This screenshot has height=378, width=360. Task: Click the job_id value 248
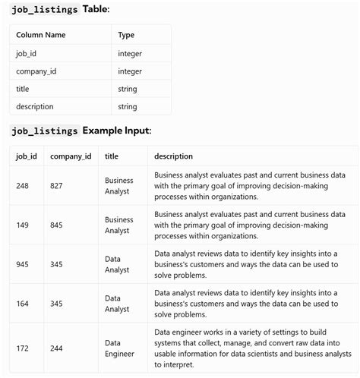(23, 185)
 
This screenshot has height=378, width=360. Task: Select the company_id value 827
(57, 185)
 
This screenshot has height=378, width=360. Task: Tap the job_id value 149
(23, 224)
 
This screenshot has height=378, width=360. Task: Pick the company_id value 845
(57, 224)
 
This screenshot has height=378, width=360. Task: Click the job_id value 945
(23, 263)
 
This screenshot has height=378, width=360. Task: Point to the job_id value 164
(23, 303)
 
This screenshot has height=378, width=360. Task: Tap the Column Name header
(41, 35)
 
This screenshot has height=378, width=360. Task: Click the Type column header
(126, 35)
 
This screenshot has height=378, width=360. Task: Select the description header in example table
(173, 156)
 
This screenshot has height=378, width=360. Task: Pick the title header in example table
(112, 156)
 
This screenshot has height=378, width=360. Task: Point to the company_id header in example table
(71, 156)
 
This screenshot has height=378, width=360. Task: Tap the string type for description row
(128, 107)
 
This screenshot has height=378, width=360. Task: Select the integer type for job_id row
(130, 53)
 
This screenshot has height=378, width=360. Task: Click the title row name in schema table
(23, 89)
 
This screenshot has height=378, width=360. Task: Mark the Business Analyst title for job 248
(118, 185)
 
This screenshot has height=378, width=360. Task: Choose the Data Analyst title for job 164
(118, 303)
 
